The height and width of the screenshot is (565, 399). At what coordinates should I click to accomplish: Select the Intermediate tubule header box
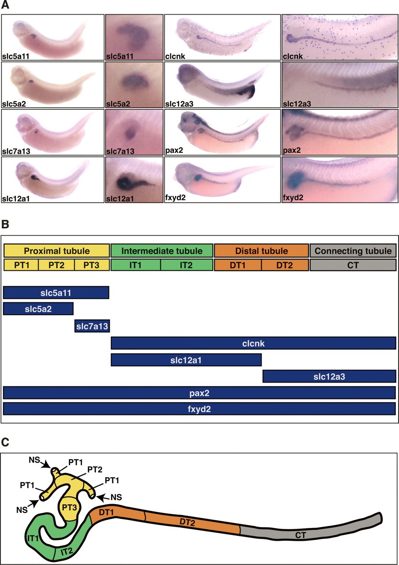162,251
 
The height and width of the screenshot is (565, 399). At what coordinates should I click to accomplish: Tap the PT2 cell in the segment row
56,265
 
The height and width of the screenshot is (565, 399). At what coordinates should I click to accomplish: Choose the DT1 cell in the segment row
237,265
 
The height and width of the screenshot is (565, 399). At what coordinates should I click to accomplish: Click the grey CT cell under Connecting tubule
353,265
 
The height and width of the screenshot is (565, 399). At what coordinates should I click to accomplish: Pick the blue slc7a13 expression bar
92,326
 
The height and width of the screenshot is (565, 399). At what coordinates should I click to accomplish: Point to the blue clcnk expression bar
253,343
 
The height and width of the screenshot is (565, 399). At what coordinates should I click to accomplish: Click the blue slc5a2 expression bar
38,309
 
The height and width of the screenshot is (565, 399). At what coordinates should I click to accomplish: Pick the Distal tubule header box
262,251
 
